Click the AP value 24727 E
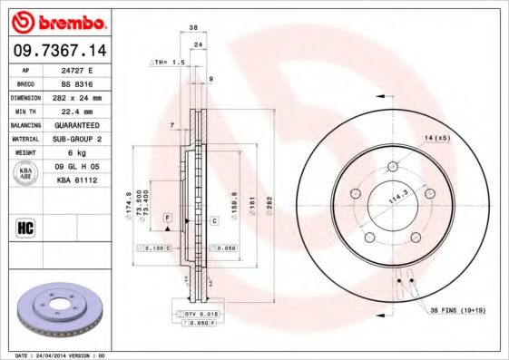[x=79, y=69]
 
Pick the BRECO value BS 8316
[x=79, y=83]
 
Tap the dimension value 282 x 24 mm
[x=79, y=97]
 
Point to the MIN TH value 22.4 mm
[x=79, y=111]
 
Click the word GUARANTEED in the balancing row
[x=79, y=124]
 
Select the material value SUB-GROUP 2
[x=79, y=139]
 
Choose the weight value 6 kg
[x=79, y=152]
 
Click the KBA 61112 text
[x=79, y=180]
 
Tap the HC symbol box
[x=25, y=227]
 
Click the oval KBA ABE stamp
[x=26, y=174]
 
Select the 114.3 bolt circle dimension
[x=396, y=198]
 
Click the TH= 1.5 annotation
[x=168, y=63]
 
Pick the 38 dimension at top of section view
[x=193, y=28]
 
